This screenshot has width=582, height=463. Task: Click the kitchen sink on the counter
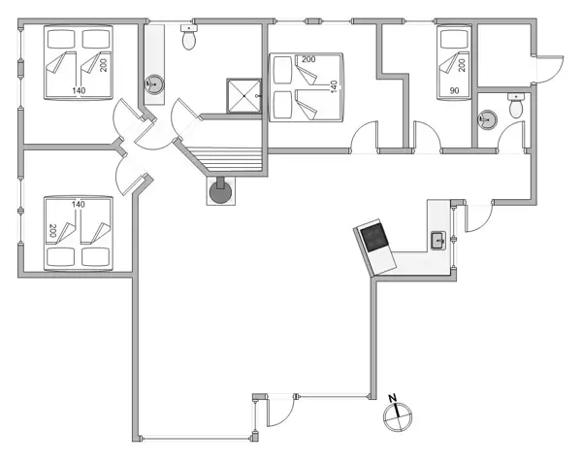click(x=436, y=240)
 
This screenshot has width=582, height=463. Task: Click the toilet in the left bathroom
click(x=190, y=39)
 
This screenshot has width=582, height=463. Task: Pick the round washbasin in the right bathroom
click(x=487, y=120)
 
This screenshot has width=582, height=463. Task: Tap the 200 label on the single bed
click(x=463, y=64)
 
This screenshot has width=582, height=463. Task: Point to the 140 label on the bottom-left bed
click(x=79, y=204)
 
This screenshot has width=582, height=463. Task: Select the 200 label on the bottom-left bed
click(x=51, y=232)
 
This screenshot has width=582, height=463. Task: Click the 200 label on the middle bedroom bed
click(x=308, y=60)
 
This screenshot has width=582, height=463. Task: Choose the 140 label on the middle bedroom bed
click(x=334, y=86)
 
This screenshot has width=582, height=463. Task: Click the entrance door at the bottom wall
click(x=277, y=413)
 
